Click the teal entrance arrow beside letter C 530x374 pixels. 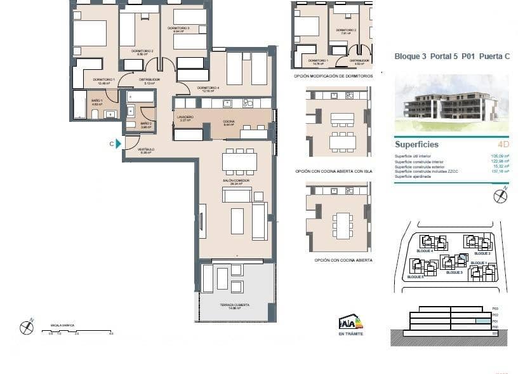118,144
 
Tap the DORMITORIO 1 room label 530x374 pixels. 103,80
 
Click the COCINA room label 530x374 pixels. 229,122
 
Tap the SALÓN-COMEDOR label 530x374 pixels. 235,181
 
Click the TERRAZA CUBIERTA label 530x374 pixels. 235,305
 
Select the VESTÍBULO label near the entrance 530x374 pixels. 147,150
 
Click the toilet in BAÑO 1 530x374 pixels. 95,114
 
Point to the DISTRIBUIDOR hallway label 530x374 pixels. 149,80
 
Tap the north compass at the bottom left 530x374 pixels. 26,328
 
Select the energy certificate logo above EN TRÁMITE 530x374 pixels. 351,322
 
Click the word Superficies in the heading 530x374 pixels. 416,145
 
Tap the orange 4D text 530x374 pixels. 503,145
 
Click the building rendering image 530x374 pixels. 451,98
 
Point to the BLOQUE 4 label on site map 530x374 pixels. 424,251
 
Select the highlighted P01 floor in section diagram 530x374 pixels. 483,321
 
